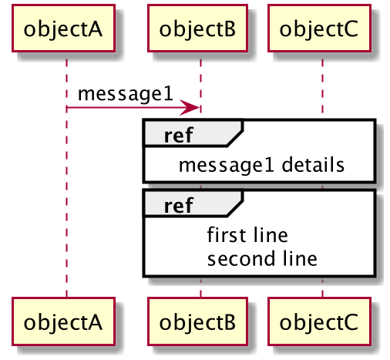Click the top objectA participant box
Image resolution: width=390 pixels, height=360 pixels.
[x=63, y=28]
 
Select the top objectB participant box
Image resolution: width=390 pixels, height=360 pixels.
[x=197, y=28]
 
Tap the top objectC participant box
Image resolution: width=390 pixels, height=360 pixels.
[x=319, y=28]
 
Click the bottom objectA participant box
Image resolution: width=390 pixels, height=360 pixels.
[x=63, y=321]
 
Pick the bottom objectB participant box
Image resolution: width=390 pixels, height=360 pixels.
[x=197, y=321]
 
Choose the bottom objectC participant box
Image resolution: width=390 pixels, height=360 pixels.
[x=319, y=321]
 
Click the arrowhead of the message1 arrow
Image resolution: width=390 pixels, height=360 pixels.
[x=190, y=107]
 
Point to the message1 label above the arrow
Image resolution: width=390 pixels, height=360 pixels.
[x=126, y=95]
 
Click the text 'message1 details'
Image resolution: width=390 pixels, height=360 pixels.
[x=261, y=166]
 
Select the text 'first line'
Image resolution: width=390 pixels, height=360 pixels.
[x=247, y=234]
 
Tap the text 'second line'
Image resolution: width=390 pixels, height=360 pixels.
[x=262, y=258]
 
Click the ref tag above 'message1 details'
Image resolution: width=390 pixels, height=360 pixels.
[x=178, y=136]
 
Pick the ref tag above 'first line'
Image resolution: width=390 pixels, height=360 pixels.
[x=178, y=206]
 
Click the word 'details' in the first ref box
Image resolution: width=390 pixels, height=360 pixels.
[x=313, y=164]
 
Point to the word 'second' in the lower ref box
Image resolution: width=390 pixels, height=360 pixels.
[x=241, y=258]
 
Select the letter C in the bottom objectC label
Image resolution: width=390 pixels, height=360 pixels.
[x=350, y=322]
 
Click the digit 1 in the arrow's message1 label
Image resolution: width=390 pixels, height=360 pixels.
[x=168, y=93]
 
